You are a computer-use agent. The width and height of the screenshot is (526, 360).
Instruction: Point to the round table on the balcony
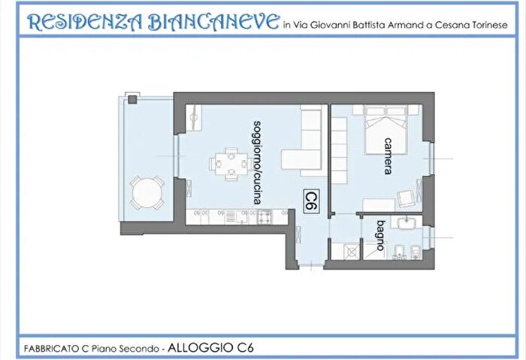[147, 193]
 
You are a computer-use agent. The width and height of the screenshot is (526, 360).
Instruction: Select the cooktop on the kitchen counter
[265, 217]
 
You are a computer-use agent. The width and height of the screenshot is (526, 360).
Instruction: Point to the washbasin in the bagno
[407, 224]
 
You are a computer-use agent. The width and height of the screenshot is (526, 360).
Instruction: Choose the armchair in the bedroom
[407, 198]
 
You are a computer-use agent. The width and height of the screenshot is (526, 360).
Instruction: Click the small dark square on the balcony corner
[133, 98]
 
